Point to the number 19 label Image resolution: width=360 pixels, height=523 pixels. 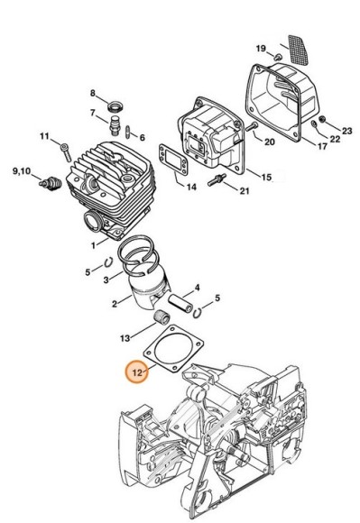pos(261,47)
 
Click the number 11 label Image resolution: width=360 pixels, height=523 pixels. pos(42,136)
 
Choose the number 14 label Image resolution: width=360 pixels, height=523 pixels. pos(190,188)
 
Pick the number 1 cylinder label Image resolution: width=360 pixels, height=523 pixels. pos(95,243)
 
